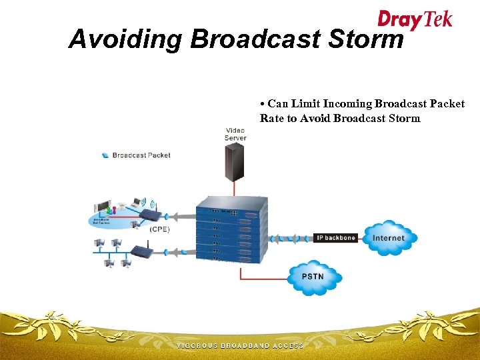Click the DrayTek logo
(415, 19)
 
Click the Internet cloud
(388, 238)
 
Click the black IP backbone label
(335, 238)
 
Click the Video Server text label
(235, 133)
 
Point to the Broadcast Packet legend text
(141, 155)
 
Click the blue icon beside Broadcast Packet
(105, 155)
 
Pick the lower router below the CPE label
(141, 251)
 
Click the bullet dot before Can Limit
(263, 104)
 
